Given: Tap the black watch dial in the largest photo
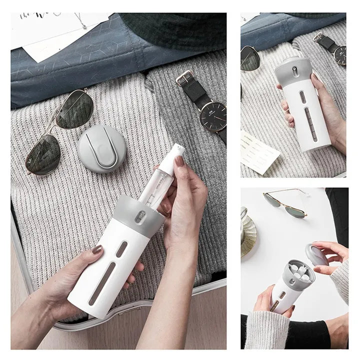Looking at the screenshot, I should [213, 116].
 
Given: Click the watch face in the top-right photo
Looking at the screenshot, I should [339, 55].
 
